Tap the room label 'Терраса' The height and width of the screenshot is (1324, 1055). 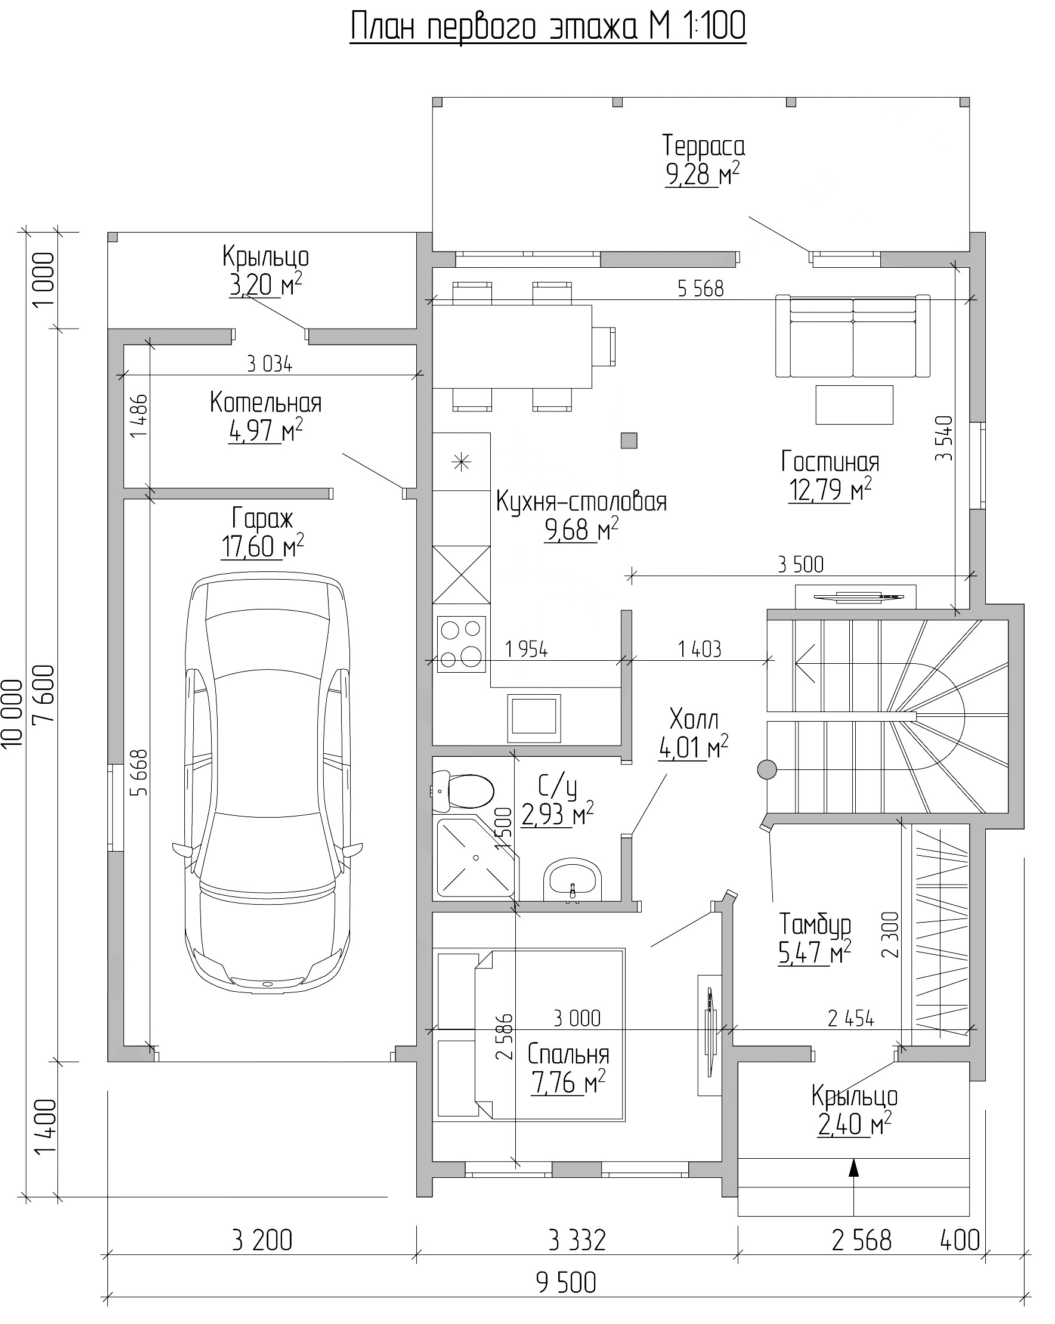click(x=703, y=146)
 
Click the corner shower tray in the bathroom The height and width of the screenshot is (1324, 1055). click(x=475, y=857)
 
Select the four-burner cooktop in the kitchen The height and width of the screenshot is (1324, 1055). click(x=461, y=644)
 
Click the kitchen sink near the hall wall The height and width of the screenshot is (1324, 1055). click(x=534, y=718)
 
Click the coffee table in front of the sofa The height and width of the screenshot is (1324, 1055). click(x=854, y=404)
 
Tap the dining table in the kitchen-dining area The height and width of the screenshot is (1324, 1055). click(x=512, y=347)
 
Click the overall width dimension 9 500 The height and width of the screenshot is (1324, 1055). click(x=565, y=1282)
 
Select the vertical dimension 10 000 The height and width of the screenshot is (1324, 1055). click(x=13, y=712)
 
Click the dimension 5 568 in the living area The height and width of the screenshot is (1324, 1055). click(x=701, y=288)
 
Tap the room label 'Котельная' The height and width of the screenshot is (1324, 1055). click(x=265, y=402)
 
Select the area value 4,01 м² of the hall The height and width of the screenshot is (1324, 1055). click(x=692, y=747)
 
